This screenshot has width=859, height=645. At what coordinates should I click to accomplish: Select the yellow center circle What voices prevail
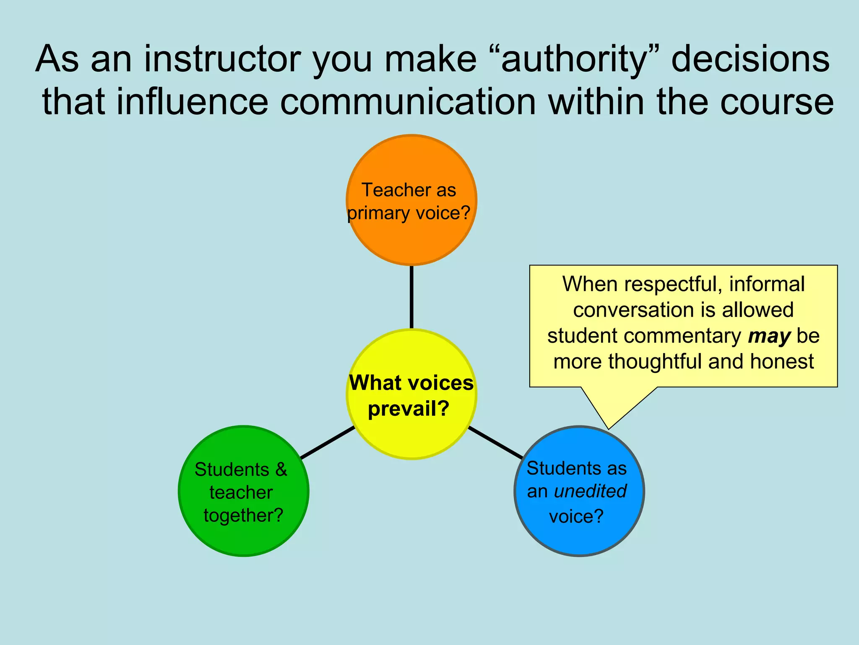[x=411, y=437]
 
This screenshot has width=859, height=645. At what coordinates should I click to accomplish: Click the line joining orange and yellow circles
[x=411, y=297]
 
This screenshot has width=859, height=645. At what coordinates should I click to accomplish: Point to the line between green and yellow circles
[x=328, y=442]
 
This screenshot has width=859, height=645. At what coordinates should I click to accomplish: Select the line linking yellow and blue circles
[x=495, y=442]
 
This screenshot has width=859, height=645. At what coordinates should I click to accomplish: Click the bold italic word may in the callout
[x=769, y=336]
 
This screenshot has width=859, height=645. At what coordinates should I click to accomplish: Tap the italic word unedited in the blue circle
[x=590, y=491]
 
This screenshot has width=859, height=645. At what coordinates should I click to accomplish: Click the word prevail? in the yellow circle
[x=408, y=409]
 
